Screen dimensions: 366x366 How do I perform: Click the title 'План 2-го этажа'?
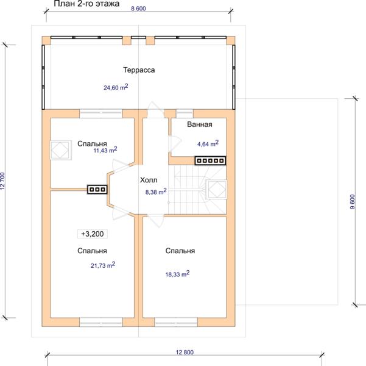(86, 4)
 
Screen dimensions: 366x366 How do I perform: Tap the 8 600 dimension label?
(138, 9)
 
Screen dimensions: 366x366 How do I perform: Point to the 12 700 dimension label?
(2, 181)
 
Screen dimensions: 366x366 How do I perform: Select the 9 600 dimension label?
(353, 202)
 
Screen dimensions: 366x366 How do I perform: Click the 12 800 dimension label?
(185, 352)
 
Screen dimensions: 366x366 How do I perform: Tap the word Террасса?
(139, 70)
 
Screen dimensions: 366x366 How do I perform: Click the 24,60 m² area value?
(116, 87)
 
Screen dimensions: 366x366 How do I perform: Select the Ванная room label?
(200, 124)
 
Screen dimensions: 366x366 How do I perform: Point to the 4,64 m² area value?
(208, 143)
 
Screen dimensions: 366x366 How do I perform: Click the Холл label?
(149, 180)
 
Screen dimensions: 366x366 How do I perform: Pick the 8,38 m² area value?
(156, 192)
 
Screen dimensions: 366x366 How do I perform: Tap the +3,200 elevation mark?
(93, 234)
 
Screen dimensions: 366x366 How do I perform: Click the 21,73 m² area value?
(103, 265)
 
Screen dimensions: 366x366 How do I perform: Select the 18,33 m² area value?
(177, 274)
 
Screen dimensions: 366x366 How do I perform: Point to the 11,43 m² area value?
(105, 150)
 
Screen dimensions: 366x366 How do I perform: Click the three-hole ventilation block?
(97, 190)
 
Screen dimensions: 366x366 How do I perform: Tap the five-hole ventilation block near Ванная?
(210, 160)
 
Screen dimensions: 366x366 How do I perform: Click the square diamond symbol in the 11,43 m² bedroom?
(61, 150)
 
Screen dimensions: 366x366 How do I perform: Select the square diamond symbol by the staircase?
(216, 189)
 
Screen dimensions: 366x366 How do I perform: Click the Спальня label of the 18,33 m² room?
(180, 251)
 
